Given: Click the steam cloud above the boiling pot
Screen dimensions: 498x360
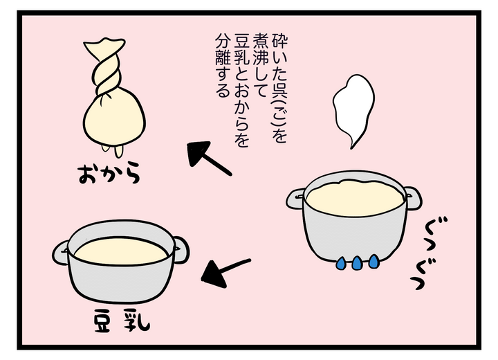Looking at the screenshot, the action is [353, 109].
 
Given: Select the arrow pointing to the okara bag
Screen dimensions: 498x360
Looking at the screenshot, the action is [209, 159].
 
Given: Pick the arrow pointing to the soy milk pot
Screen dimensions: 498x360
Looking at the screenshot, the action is [225, 272].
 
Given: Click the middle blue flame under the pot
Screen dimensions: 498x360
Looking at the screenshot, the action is [357, 263].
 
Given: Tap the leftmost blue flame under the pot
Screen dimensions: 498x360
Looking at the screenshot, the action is [342, 264].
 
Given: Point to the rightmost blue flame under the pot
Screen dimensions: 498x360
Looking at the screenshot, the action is [373, 262].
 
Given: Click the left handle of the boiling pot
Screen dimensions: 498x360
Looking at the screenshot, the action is [295, 199].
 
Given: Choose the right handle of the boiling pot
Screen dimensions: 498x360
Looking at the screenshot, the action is [413, 199].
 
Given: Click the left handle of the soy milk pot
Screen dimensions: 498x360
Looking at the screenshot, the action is [60, 253].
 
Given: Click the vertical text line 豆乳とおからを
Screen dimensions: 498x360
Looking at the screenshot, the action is [241, 90].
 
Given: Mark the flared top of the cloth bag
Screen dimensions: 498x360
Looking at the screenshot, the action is [104, 45].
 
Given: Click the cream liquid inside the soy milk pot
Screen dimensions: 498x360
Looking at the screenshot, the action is [121, 251].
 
